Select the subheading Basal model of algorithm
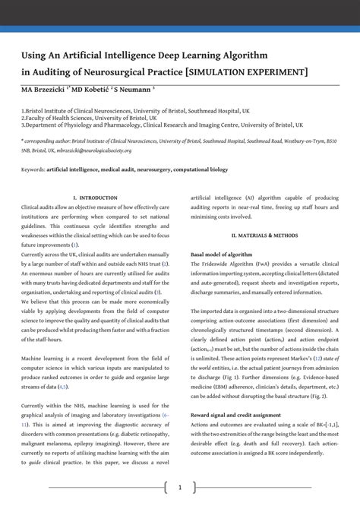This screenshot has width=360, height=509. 221,254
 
